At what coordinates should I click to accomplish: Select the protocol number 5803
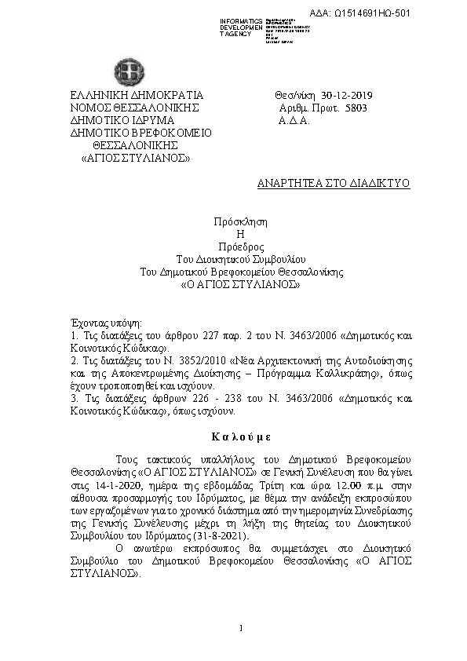pos(356,108)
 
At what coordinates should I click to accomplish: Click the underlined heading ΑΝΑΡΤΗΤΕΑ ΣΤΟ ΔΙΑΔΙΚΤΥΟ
pos(334,182)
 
